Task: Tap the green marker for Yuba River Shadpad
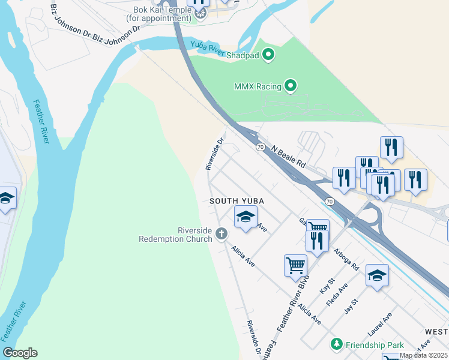coord(269,56)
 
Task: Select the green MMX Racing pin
coord(291,86)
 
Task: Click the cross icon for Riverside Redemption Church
coord(221,233)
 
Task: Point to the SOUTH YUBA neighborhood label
coord(237,200)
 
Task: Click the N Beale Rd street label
coord(289,156)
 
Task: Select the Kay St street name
coord(327,286)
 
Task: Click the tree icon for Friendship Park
coord(337,344)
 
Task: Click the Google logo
coord(20,353)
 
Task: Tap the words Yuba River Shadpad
coord(225,51)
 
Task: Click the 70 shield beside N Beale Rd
coord(261,146)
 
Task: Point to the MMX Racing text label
coord(258,86)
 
